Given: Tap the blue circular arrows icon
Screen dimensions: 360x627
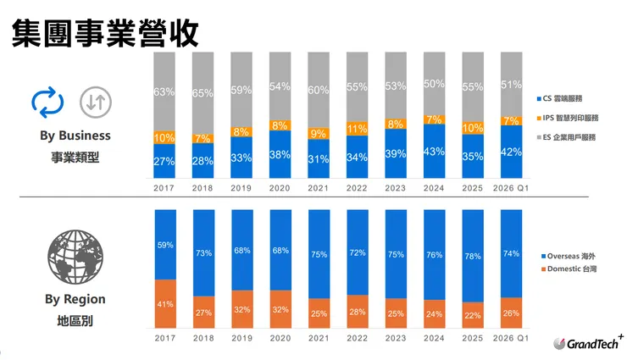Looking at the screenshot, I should tap(47, 102).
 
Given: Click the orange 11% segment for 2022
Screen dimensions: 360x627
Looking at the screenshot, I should tap(358, 130).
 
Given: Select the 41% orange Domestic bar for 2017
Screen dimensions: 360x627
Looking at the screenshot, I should tap(165, 303).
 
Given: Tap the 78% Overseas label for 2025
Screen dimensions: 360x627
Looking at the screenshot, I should tap(473, 256).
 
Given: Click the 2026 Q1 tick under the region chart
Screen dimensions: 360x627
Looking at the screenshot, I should tap(511, 338).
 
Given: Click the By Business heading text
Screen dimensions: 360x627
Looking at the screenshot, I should tap(75, 136).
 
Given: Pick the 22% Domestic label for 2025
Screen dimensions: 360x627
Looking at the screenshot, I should tap(473, 315).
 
